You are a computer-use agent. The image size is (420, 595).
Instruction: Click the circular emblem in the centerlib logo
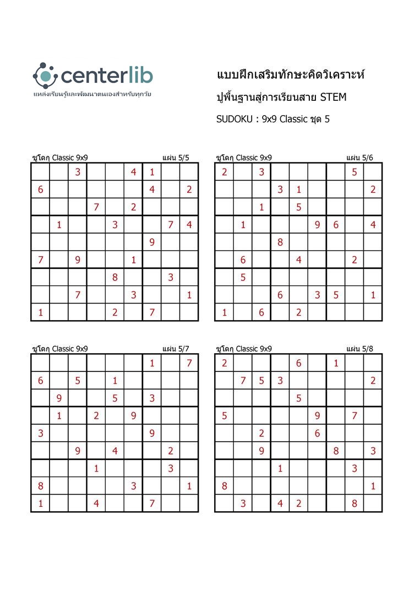[46, 75]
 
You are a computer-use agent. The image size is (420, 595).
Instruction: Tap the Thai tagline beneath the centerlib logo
[92, 94]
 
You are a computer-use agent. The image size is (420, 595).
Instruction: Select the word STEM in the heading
[333, 98]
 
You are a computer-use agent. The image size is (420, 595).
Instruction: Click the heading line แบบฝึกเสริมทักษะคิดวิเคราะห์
[291, 74]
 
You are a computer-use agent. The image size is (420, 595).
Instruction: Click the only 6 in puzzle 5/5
[40, 190]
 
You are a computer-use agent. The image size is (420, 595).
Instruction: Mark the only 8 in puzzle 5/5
[114, 278]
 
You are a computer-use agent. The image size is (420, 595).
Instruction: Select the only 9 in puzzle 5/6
[317, 225]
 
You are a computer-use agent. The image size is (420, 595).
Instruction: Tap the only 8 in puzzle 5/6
[280, 242]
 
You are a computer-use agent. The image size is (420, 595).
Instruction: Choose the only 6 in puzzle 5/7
[40, 381]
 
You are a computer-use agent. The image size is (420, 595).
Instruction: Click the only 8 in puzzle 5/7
[40, 486]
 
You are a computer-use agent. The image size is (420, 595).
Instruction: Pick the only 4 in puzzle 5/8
[280, 504]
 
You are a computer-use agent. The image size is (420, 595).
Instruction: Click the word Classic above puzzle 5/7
[63, 349]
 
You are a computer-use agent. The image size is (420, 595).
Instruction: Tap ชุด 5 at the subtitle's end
[320, 119]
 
